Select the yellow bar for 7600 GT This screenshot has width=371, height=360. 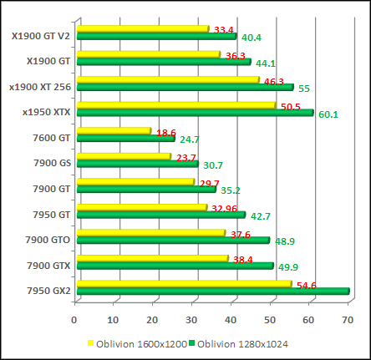pos(113,130)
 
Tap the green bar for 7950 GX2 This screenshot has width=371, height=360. pos(212,291)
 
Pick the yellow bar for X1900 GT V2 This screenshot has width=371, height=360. pos(142,29)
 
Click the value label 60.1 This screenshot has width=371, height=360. pos(328,114)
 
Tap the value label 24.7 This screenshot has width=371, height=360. pos(189,139)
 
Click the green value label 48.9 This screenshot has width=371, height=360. pos(285,241)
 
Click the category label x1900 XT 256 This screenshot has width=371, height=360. pos(39,86)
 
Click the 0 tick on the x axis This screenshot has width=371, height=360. pos(75,317)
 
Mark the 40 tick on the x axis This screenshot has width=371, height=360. pos(231,317)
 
